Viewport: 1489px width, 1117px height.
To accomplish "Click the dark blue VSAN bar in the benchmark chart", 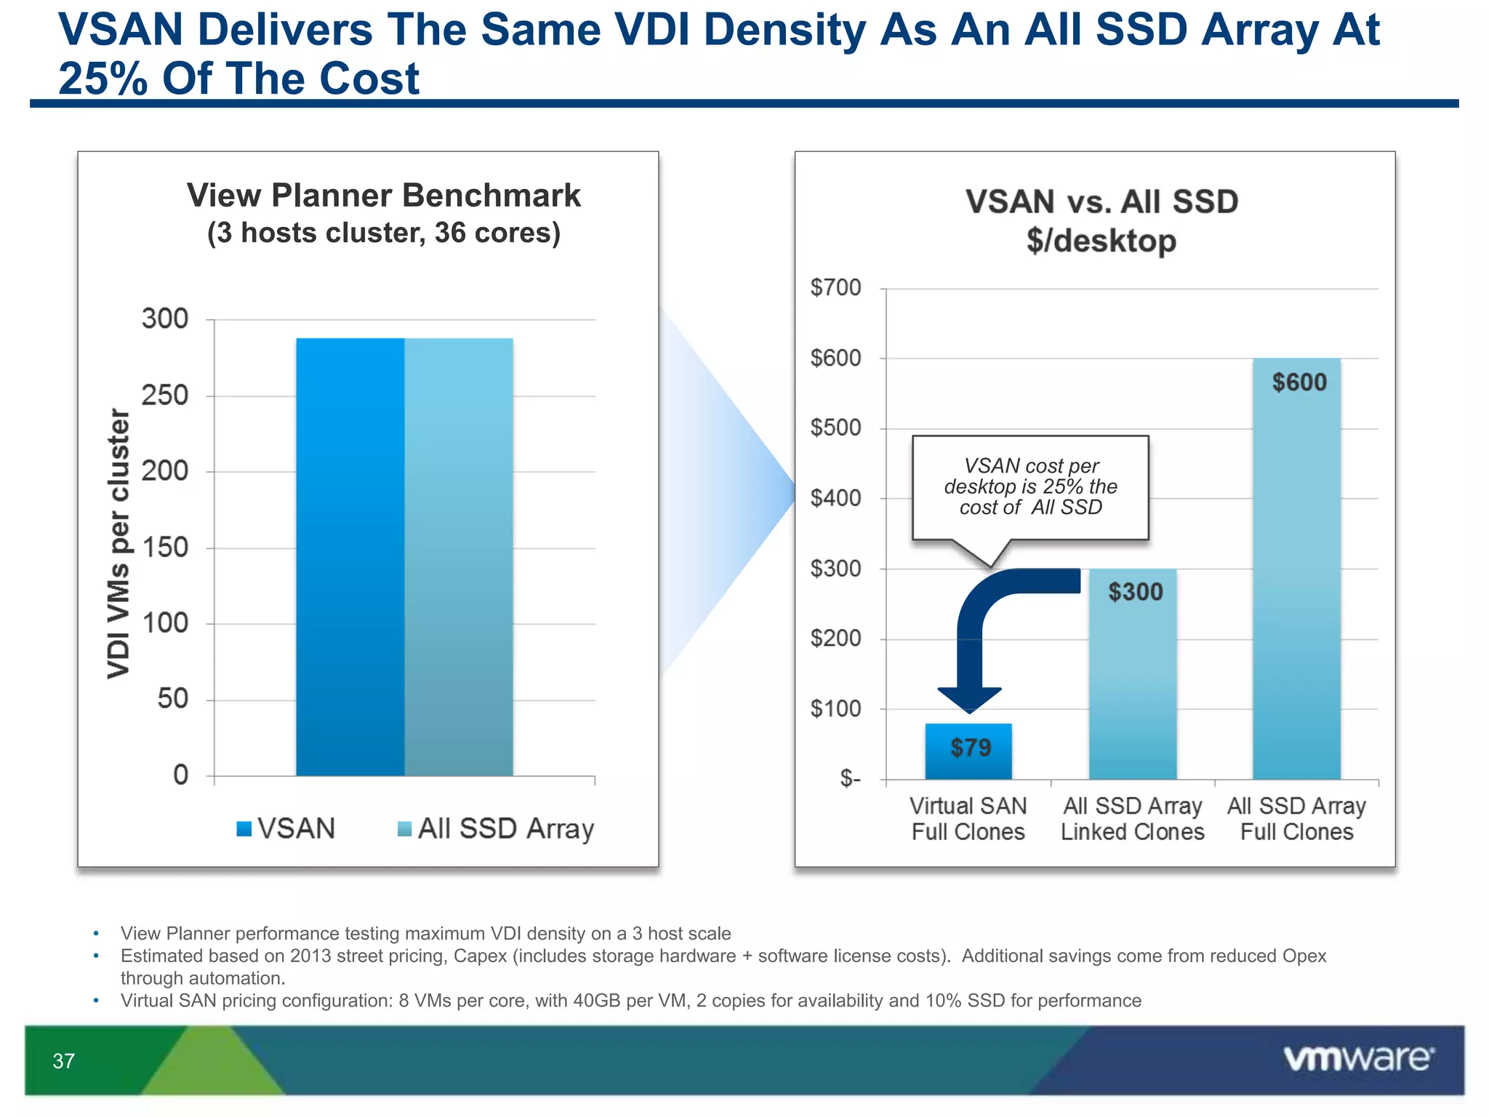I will (x=350, y=556).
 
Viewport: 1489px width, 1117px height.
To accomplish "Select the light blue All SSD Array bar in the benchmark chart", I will (x=459, y=556).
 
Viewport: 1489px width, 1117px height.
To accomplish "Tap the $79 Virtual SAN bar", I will (x=968, y=750).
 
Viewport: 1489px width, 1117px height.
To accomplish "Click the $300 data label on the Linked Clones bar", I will (x=1135, y=592).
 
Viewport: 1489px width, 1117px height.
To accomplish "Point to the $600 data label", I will (x=1299, y=383).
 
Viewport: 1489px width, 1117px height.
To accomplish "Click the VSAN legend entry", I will (x=286, y=828).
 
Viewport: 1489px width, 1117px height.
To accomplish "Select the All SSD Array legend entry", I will (x=496, y=828).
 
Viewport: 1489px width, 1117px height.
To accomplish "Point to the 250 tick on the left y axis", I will (x=164, y=396).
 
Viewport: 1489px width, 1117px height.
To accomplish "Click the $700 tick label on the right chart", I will (x=835, y=288).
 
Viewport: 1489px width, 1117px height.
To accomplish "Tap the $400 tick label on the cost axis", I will (x=835, y=499).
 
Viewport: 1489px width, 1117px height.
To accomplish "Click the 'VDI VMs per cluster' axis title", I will (x=119, y=543).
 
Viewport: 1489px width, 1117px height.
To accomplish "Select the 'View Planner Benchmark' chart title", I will (x=383, y=196).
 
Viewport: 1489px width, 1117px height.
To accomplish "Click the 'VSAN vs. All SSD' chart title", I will (x=1101, y=201).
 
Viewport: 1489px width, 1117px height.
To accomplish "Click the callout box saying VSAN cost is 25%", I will (x=1030, y=487).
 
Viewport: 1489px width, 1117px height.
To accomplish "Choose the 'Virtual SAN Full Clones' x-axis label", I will (x=968, y=819).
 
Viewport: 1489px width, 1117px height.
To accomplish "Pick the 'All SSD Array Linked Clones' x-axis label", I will (x=1132, y=819).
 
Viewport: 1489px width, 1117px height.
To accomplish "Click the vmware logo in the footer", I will (x=1358, y=1059).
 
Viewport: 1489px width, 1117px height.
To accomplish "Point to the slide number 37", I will (x=64, y=1061).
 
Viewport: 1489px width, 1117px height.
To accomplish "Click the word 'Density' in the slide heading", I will (x=784, y=31).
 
